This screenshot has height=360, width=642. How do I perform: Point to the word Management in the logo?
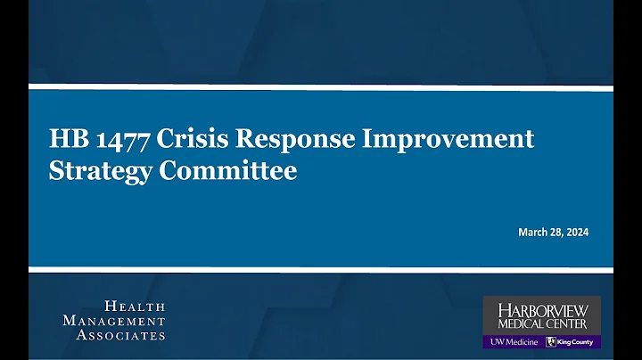pyautogui.click(x=114, y=321)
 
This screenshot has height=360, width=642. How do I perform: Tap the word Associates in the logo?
pyautogui.click(x=120, y=335)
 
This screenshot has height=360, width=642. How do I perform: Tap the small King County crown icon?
pyautogui.click(x=551, y=341)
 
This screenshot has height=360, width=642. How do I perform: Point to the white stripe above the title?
pyautogui.click(x=321, y=87)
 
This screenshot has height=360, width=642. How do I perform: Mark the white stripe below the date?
pyautogui.click(x=321, y=268)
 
